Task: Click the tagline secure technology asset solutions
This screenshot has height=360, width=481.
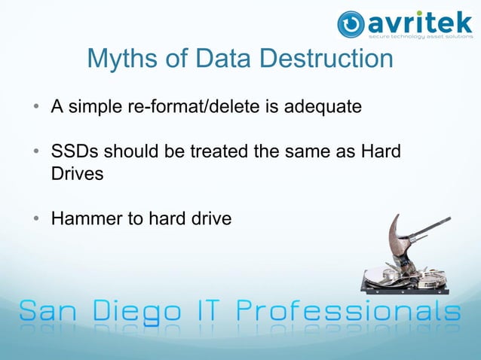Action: point(419,35)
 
